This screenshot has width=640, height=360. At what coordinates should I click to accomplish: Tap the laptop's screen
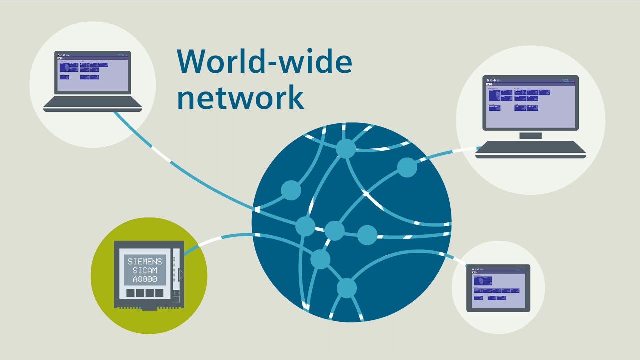pos(92,75)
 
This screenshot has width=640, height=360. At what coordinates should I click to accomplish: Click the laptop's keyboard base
pos(93,103)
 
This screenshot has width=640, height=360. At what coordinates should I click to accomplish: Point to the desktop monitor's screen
pos(530,103)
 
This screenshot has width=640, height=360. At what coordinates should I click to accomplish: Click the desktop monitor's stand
pos(530,136)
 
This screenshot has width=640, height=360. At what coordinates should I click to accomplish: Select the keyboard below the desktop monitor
pos(530,149)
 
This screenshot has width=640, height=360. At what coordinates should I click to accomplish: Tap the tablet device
pos(498,288)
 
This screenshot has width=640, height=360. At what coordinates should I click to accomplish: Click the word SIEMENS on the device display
pos(145,261)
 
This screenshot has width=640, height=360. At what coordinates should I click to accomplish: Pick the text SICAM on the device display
pos(145,270)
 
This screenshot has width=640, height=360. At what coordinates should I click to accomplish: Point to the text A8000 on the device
pos(145,279)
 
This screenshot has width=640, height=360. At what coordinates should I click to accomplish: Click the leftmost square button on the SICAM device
pos(131,293)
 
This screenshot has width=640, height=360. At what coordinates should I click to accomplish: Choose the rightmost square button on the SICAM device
pos(159,293)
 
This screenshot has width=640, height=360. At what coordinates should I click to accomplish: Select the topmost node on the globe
pos(345,148)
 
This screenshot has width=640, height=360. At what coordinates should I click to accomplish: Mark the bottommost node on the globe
pos(346,288)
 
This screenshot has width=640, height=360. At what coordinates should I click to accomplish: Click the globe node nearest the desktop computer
pos(407,168)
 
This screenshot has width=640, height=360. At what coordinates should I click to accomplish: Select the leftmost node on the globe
pos(291,190)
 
